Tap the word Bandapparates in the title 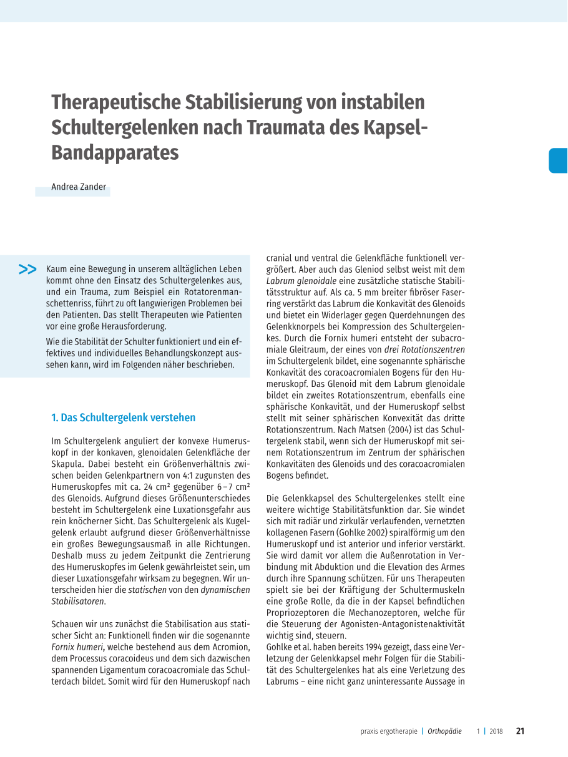(x=115, y=152)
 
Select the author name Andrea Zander (x=79, y=187)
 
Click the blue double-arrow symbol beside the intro (x=27, y=270)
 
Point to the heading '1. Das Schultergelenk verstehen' (x=123, y=418)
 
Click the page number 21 (x=521, y=731)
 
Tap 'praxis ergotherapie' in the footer (x=388, y=731)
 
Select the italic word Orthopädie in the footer (x=444, y=731)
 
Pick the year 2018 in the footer (x=496, y=731)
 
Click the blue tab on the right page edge (x=559, y=160)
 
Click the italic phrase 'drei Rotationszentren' (x=424, y=349)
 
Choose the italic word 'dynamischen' (x=225, y=590)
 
